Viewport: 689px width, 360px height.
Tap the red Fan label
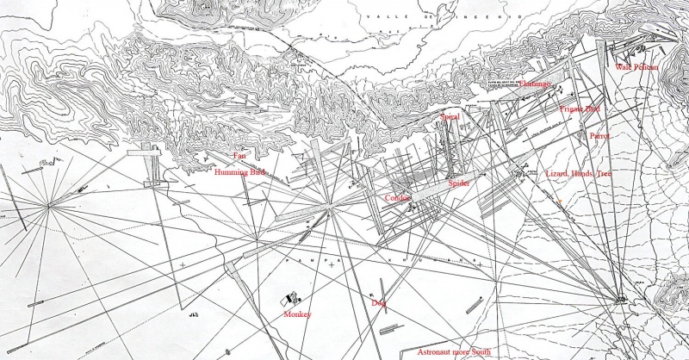point(240,156)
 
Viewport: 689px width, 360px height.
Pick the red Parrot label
point(599,136)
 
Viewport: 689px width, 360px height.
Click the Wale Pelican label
point(636,67)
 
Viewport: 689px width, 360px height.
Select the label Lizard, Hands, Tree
point(579,174)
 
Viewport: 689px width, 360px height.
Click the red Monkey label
point(296,315)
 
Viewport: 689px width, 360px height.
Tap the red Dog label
point(378,303)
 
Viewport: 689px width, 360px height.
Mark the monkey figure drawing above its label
point(290,300)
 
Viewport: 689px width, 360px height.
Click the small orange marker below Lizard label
point(559,202)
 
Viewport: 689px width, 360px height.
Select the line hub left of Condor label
point(330,207)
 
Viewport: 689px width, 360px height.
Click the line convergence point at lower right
point(622,300)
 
